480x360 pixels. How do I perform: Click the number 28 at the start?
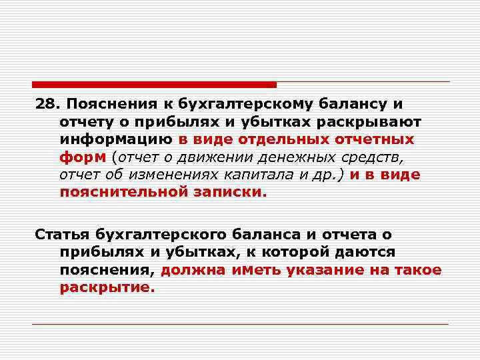[x=45, y=105]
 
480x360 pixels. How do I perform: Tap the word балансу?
[x=342, y=105]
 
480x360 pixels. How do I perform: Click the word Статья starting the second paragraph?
[x=62, y=235]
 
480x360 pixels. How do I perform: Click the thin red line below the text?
[x=240, y=324]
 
